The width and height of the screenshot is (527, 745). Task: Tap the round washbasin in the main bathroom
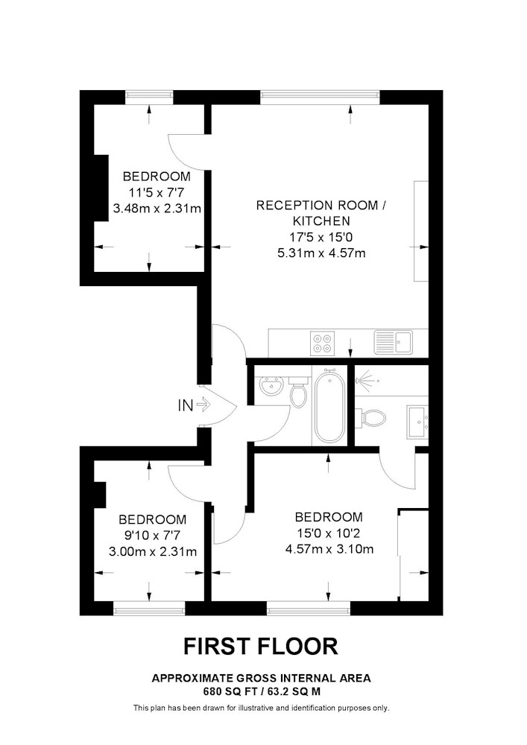point(272,385)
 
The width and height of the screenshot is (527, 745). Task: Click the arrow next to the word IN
point(203,405)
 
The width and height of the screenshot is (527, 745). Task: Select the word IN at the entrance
point(186,405)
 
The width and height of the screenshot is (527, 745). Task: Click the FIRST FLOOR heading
point(261,646)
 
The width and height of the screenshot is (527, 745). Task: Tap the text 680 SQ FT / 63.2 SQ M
point(261,692)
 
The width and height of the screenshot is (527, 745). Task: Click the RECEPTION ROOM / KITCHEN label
point(321,213)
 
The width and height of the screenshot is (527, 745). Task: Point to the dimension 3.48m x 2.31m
point(157,208)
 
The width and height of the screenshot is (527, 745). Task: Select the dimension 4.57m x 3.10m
point(329,549)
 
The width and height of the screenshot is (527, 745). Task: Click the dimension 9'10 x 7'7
point(153,536)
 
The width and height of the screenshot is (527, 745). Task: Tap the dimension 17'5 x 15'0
point(321,237)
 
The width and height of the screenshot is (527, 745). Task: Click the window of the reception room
point(320,97)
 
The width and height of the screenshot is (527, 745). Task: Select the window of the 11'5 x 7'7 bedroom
point(149,97)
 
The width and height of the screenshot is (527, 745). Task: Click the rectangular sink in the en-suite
point(417,422)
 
